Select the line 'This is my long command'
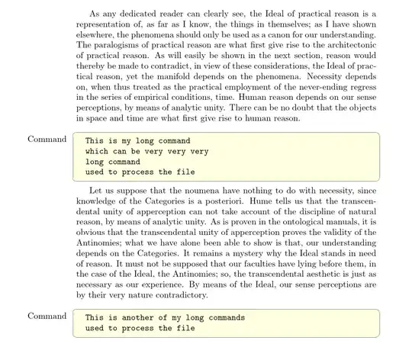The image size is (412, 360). coord(138,141)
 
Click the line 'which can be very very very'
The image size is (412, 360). coord(146,151)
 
